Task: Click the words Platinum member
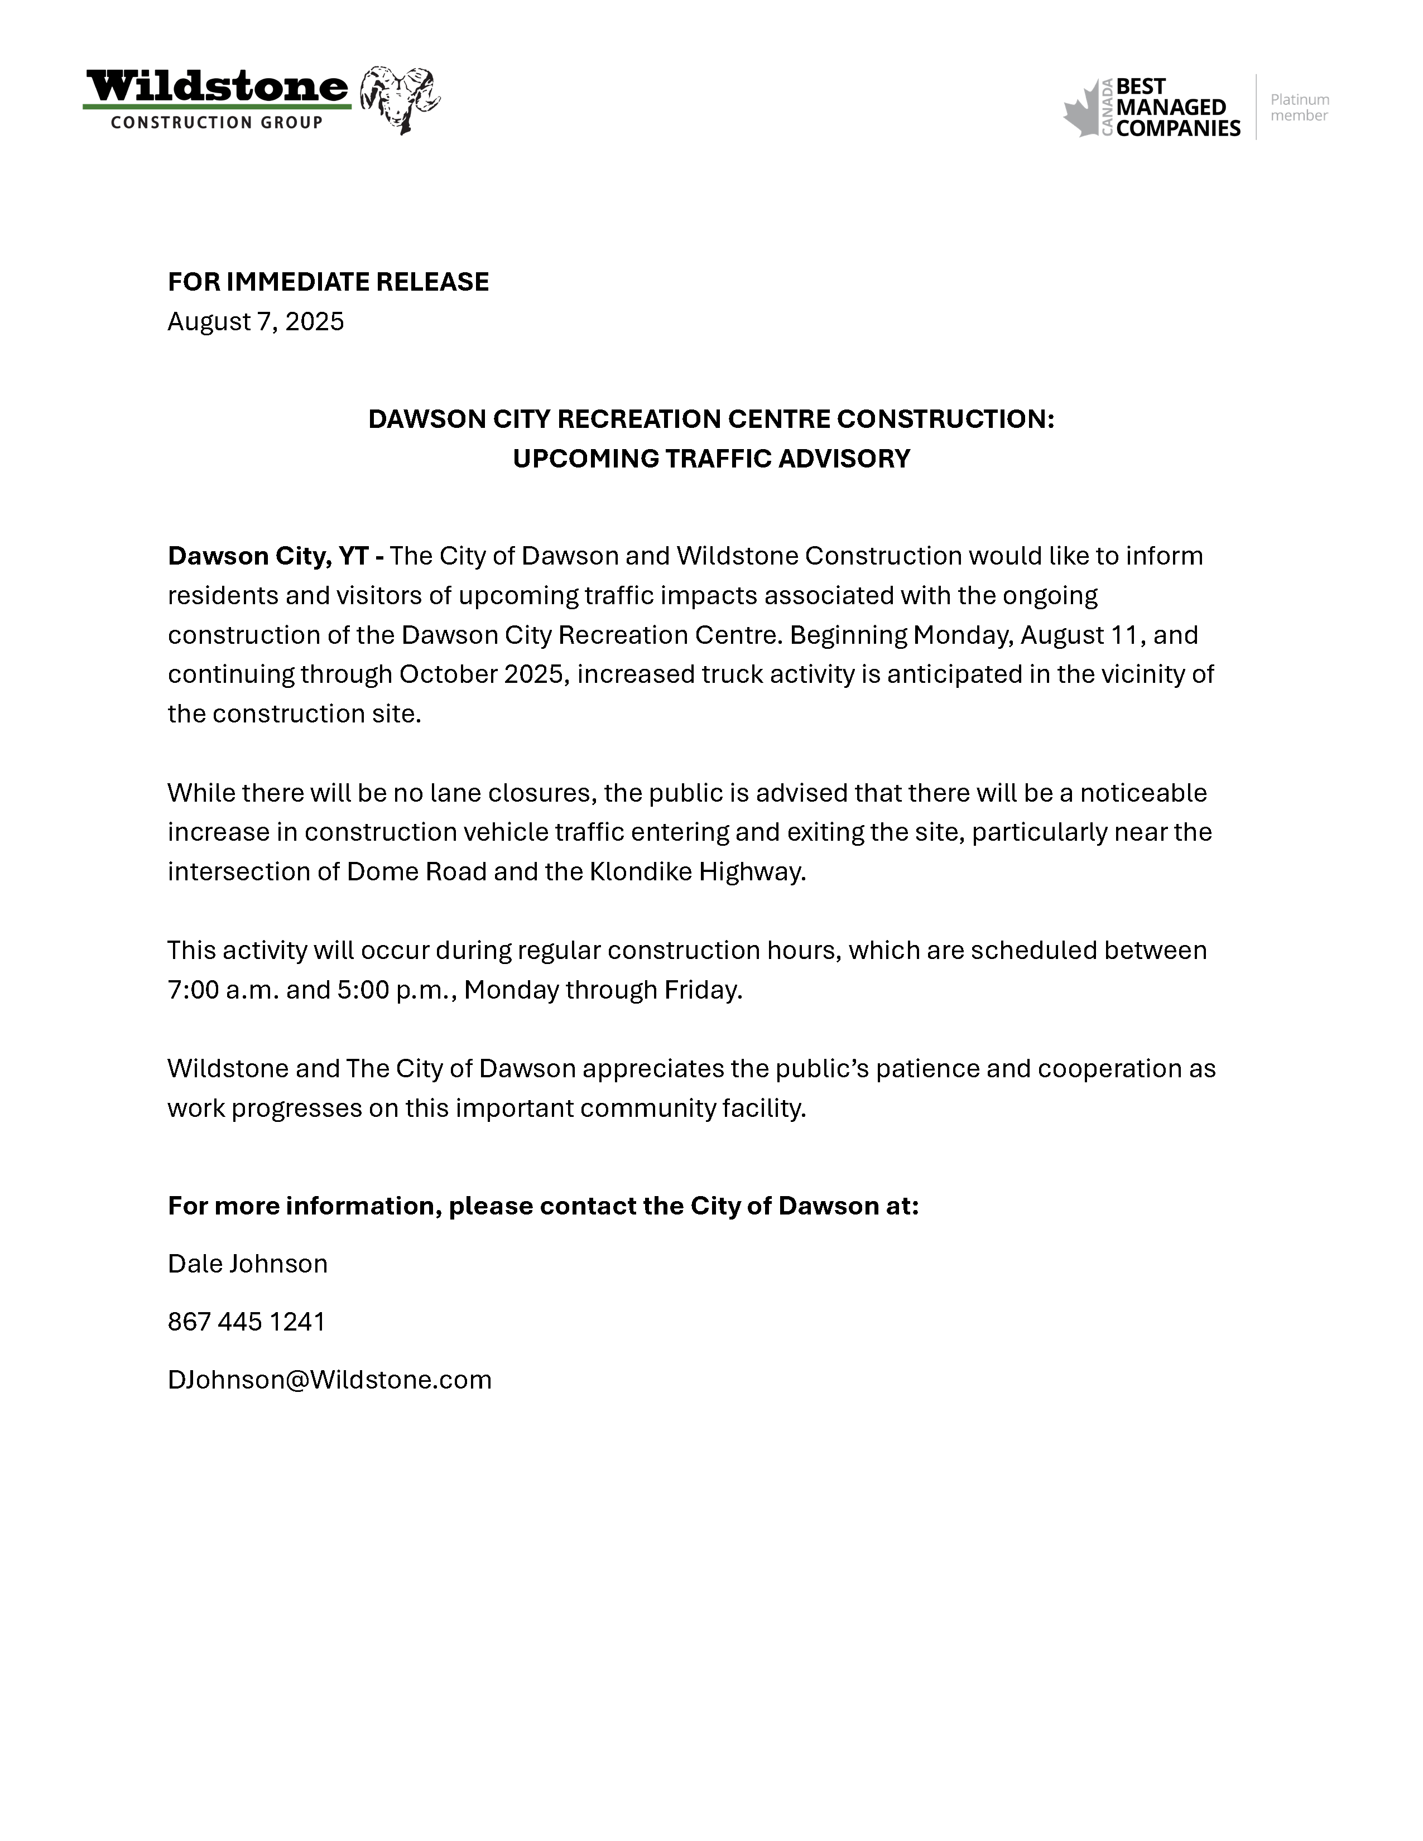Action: [x=1299, y=108]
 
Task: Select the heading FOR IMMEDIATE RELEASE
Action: [x=328, y=282]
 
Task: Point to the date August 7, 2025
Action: [x=256, y=321]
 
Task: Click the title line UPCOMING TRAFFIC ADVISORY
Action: [x=711, y=459]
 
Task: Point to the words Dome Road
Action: [x=416, y=871]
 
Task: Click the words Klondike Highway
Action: [x=697, y=871]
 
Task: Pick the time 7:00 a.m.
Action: [x=223, y=990]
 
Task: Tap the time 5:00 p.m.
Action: [x=396, y=990]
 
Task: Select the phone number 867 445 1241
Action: [x=246, y=1321]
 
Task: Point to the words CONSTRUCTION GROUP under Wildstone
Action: [x=217, y=123]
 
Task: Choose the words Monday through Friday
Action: [x=602, y=990]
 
